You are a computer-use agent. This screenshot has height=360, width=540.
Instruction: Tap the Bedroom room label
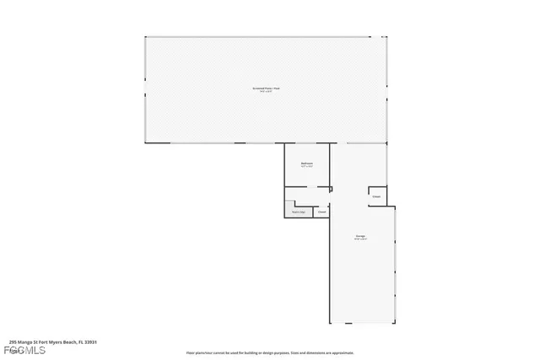click(307, 163)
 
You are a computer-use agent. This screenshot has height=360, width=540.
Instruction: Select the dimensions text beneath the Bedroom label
click(307, 167)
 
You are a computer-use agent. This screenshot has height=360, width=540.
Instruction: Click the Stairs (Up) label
click(298, 212)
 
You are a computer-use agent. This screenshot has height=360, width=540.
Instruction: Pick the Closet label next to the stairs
click(321, 212)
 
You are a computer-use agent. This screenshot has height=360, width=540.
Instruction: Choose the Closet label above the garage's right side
click(376, 196)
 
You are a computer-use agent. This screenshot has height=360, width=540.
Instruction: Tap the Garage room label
click(360, 235)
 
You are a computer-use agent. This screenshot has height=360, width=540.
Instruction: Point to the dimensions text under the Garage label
click(360, 239)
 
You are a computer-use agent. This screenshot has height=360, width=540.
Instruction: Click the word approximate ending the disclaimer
click(343, 352)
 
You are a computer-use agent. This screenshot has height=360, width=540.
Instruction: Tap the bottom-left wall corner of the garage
click(328, 323)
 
